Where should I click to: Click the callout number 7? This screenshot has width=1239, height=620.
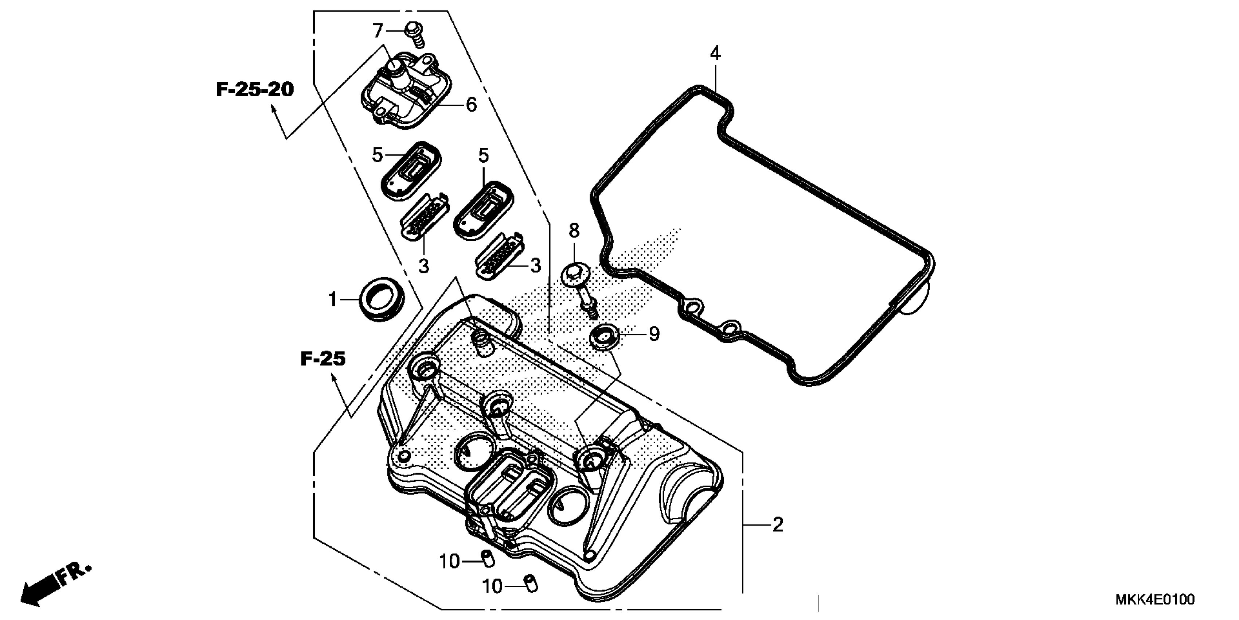tap(378, 31)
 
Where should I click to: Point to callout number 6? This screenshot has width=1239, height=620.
tap(471, 104)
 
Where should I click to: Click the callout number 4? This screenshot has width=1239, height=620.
tap(715, 54)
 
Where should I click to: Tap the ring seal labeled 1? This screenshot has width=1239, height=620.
tap(382, 299)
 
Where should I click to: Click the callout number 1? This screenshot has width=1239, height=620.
tap(332, 299)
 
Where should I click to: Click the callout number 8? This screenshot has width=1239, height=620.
tap(574, 231)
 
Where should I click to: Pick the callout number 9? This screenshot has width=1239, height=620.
tap(654, 334)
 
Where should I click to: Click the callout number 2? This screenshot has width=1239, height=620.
tap(778, 525)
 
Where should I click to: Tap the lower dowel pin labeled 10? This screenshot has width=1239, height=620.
tap(531, 584)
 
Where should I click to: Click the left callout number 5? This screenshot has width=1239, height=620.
tap(377, 155)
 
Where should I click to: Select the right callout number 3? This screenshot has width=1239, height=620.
tap(535, 266)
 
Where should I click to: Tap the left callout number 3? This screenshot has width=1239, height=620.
tap(423, 266)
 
